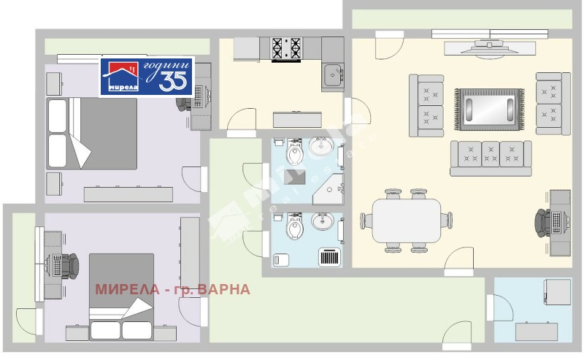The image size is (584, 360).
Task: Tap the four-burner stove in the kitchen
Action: coord(286,49)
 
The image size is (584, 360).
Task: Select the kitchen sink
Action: coord(334,73)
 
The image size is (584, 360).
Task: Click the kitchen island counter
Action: coord(298,119)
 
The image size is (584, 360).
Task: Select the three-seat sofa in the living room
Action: coord(491,157)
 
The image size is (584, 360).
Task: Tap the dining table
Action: coord(407,220)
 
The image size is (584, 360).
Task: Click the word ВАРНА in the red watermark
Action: coord(223,290)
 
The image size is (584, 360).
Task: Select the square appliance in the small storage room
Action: coord(556,293)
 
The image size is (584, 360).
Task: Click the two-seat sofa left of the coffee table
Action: coord(427,104)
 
